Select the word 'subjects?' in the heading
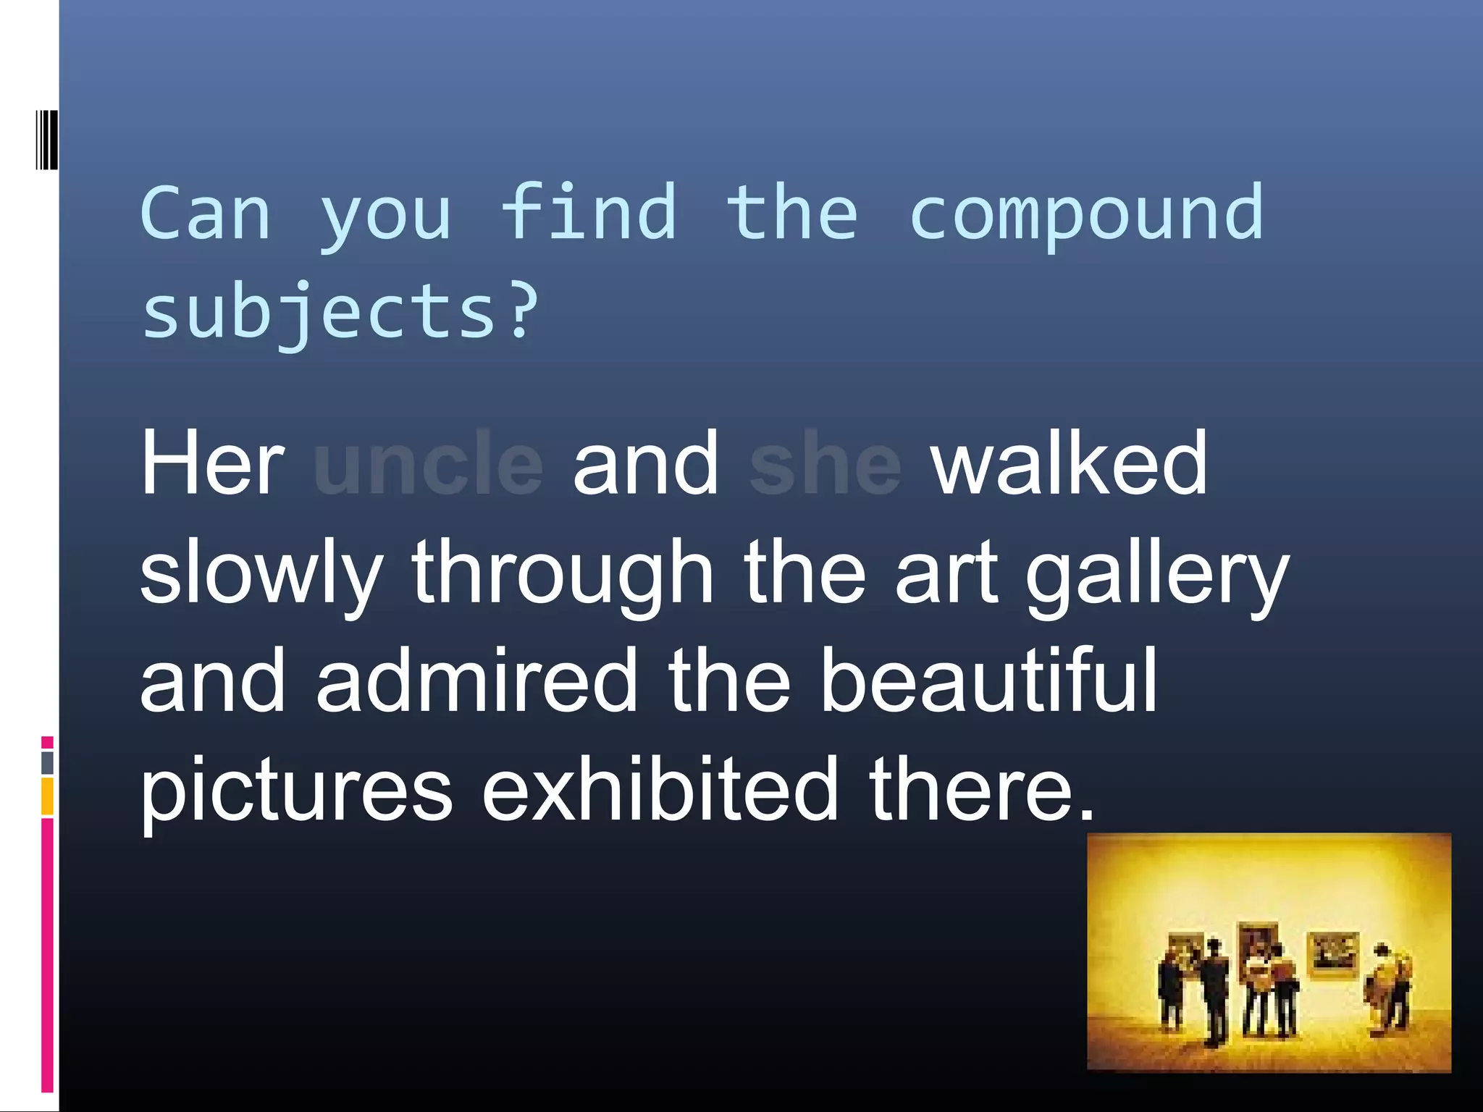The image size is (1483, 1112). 340,313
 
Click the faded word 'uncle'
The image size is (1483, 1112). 428,463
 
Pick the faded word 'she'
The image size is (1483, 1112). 825,463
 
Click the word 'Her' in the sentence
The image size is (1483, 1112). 212,463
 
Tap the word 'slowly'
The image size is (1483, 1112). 261,573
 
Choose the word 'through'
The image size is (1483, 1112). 563,573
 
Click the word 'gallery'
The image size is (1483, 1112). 1156,573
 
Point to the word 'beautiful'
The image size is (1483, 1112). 988,681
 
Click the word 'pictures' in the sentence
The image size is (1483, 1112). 296,789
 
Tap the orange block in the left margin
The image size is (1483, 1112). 47,796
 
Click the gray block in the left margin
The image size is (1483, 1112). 47,762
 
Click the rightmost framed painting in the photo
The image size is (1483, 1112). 1332,953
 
